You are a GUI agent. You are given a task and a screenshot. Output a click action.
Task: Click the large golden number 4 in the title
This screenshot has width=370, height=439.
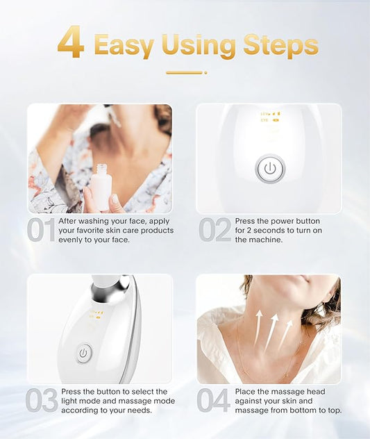click(70, 43)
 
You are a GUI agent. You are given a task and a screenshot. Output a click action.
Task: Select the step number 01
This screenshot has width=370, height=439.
click(41, 230)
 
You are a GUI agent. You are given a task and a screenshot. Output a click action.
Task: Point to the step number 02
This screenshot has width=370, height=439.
click(215, 230)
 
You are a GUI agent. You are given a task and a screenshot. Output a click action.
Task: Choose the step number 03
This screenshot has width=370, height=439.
click(41, 401)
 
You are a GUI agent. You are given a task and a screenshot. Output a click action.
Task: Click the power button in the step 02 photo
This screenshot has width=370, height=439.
click(269, 169)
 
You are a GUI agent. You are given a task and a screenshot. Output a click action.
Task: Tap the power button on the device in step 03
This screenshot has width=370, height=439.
click(83, 353)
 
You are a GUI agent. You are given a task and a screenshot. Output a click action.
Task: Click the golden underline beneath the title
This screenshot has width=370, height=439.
click(185, 72)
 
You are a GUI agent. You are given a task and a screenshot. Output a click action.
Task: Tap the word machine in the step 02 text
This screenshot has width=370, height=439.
click(267, 240)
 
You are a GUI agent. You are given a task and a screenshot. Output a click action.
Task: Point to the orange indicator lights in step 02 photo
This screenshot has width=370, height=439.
click(266, 115)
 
